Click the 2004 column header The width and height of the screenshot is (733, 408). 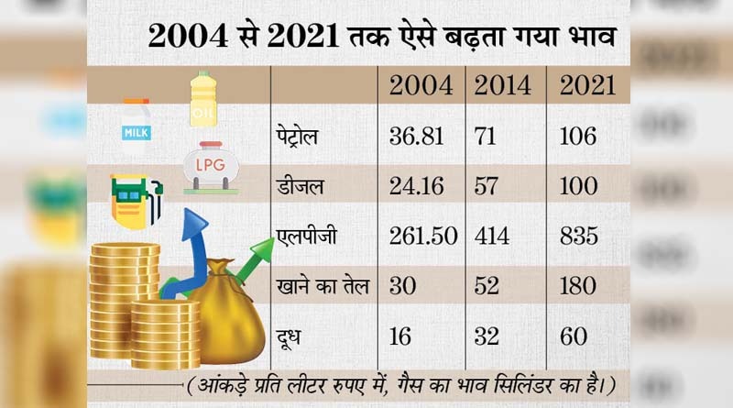point(421,86)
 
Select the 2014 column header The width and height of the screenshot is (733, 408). point(501,86)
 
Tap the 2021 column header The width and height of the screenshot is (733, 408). point(587,86)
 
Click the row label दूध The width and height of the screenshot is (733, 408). point(292,336)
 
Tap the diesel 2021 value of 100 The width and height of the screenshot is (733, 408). point(577,187)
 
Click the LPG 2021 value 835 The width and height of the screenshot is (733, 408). point(578,237)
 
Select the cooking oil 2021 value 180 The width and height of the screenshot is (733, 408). point(578,287)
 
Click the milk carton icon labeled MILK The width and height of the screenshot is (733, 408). point(136,122)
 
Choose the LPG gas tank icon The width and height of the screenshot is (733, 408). point(210,167)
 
